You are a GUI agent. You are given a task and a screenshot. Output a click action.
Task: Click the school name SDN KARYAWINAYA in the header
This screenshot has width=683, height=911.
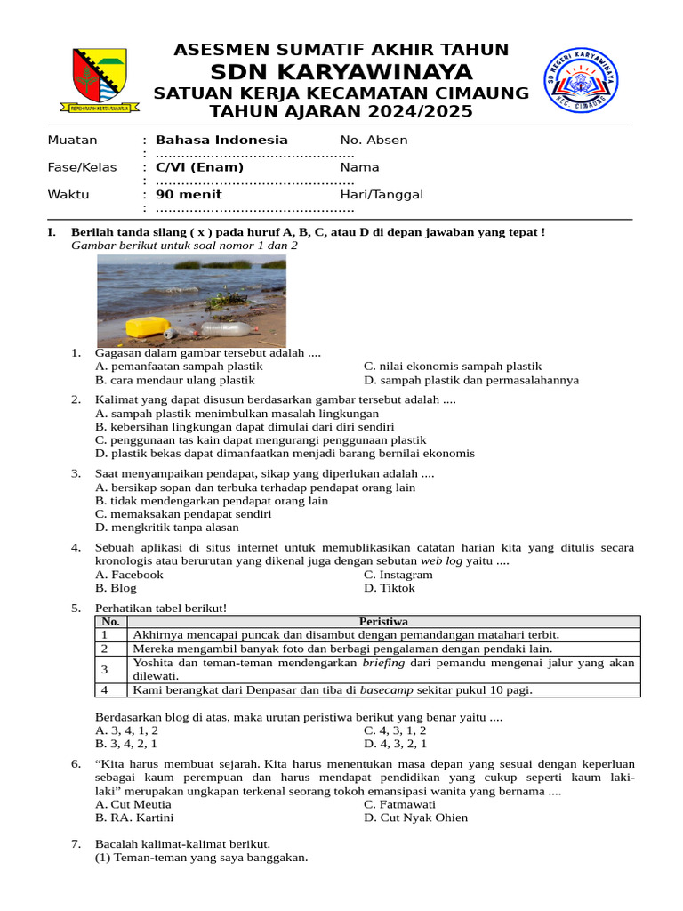(x=341, y=72)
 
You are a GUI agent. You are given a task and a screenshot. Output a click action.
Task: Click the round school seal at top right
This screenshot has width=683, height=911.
(x=582, y=80)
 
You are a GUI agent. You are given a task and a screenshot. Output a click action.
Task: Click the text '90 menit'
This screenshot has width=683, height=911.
(x=189, y=195)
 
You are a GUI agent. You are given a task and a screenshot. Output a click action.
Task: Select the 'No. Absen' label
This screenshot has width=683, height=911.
(x=374, y=140)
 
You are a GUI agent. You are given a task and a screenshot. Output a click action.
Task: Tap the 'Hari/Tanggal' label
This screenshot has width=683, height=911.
(x=382, y=195)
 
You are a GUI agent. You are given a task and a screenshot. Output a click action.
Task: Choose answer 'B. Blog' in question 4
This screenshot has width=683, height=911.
(x=116, y=588)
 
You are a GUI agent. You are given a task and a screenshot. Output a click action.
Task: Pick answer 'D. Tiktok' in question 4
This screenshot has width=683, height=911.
(x=389, y=588)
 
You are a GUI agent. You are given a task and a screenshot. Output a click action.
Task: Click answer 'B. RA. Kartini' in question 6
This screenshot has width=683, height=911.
(x=134, y=818)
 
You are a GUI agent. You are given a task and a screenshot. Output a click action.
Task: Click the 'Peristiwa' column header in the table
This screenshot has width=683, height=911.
(x=383, y=622)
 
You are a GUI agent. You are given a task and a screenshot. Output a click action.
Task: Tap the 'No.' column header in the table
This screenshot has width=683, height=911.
(x=110, y=622)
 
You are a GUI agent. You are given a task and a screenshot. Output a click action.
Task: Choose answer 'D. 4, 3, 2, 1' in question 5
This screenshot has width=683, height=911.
(x=395, y=744)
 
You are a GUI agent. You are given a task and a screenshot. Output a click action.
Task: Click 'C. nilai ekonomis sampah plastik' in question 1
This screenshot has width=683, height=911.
(x=452, y=366)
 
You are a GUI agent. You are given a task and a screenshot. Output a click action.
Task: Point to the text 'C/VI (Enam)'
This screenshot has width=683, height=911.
(x=199, y=167)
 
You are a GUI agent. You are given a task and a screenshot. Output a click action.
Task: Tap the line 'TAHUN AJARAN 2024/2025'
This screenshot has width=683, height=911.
(x=341, y=111)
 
